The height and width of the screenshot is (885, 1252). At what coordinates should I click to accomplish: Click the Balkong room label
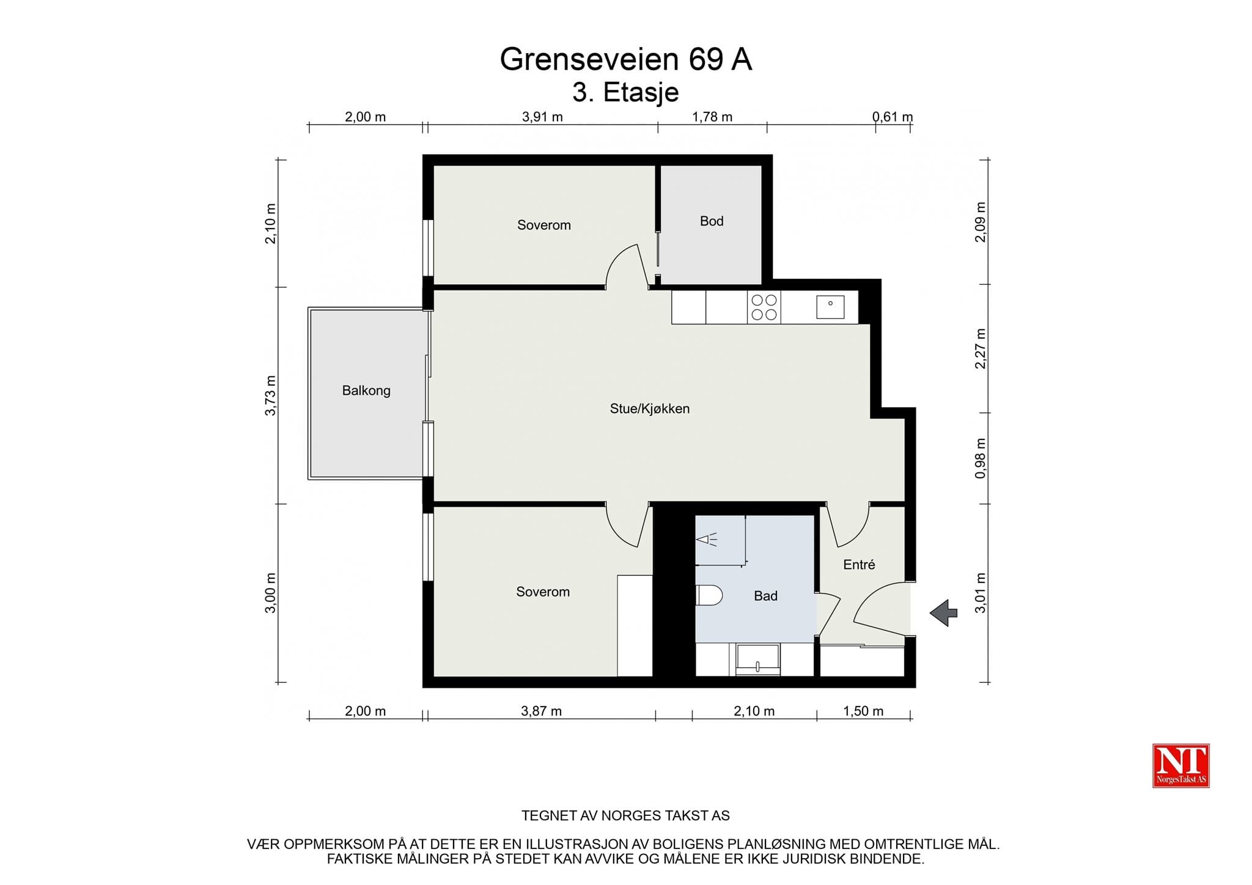(366, 391)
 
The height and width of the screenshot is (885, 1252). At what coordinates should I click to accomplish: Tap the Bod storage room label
(712, 221)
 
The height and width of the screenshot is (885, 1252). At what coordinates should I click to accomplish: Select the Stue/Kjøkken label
(650, 409)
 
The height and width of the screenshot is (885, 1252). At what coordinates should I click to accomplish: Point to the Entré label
(859, 565)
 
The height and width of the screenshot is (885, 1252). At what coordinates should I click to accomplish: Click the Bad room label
(765, 596)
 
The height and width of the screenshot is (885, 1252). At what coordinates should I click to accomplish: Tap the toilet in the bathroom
(709, 595)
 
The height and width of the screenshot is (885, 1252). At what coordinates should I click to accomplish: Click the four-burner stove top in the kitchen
(764, 307)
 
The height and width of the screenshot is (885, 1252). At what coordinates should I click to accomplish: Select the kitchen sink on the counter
(830, 307)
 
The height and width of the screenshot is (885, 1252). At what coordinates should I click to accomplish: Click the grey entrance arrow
(944, 612)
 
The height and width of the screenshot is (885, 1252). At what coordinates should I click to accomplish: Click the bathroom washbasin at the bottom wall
(758, 660)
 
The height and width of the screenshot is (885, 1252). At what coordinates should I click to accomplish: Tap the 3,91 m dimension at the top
(542, 117)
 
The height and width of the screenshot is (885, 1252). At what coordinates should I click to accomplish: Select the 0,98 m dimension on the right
(981, 458)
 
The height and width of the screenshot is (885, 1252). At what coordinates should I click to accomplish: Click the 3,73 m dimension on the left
(270, 395)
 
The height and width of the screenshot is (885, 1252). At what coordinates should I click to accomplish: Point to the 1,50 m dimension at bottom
(863, 711)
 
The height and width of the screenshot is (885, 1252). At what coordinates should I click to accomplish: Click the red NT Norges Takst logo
(1181, 765)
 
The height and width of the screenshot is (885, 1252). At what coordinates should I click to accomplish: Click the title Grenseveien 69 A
(626, 60)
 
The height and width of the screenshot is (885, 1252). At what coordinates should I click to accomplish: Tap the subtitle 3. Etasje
(626, 93)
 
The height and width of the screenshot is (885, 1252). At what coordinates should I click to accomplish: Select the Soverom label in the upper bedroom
(544, 225)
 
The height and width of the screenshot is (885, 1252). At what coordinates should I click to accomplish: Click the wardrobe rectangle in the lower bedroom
(635, 625)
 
